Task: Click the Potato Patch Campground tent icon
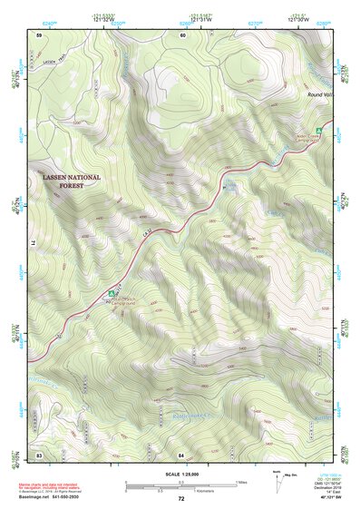(x=111, y=293)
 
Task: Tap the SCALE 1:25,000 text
(x=181, y=473)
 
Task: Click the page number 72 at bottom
(x=181, y=499)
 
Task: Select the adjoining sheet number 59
(x=39, y=34)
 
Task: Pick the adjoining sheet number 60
(x=182, y=34)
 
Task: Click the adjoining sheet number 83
(x=39, y=453)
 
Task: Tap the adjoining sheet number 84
(x=181, y=453)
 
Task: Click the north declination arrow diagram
(x=276, y=484)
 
